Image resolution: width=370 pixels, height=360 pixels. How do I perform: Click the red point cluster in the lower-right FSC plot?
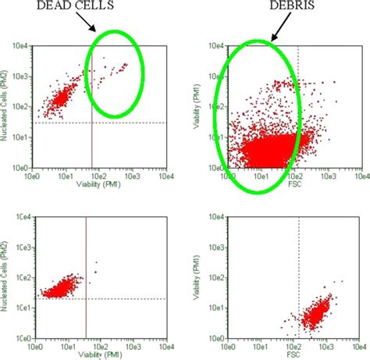(x=318, y=314)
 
